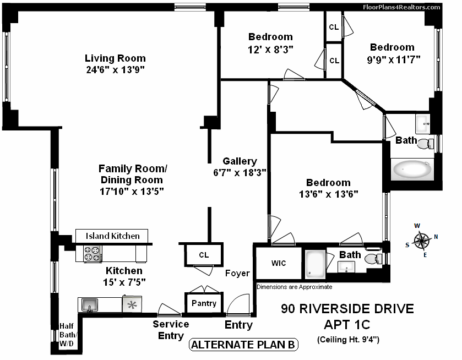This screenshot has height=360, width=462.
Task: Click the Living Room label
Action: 115,58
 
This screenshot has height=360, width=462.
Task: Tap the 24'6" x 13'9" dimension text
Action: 115,69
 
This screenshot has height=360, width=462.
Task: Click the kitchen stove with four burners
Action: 93,254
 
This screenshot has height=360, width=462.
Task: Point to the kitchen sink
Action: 89,304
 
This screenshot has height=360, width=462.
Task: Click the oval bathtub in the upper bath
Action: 412,170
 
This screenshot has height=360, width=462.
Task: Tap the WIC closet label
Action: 279,263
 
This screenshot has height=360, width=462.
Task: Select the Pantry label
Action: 204,303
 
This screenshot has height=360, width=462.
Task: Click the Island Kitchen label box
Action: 112,236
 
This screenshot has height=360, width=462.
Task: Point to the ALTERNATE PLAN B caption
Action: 244,345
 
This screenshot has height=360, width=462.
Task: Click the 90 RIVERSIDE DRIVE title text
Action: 347,308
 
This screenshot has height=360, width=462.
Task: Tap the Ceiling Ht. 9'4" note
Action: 347,340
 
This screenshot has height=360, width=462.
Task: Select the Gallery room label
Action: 240,161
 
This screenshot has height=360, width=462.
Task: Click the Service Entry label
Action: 171,330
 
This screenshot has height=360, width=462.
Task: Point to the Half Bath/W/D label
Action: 69,335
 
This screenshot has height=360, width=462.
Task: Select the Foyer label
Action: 237,273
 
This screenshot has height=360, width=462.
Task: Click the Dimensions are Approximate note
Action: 294,287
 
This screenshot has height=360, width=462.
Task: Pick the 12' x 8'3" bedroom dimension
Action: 270,48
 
